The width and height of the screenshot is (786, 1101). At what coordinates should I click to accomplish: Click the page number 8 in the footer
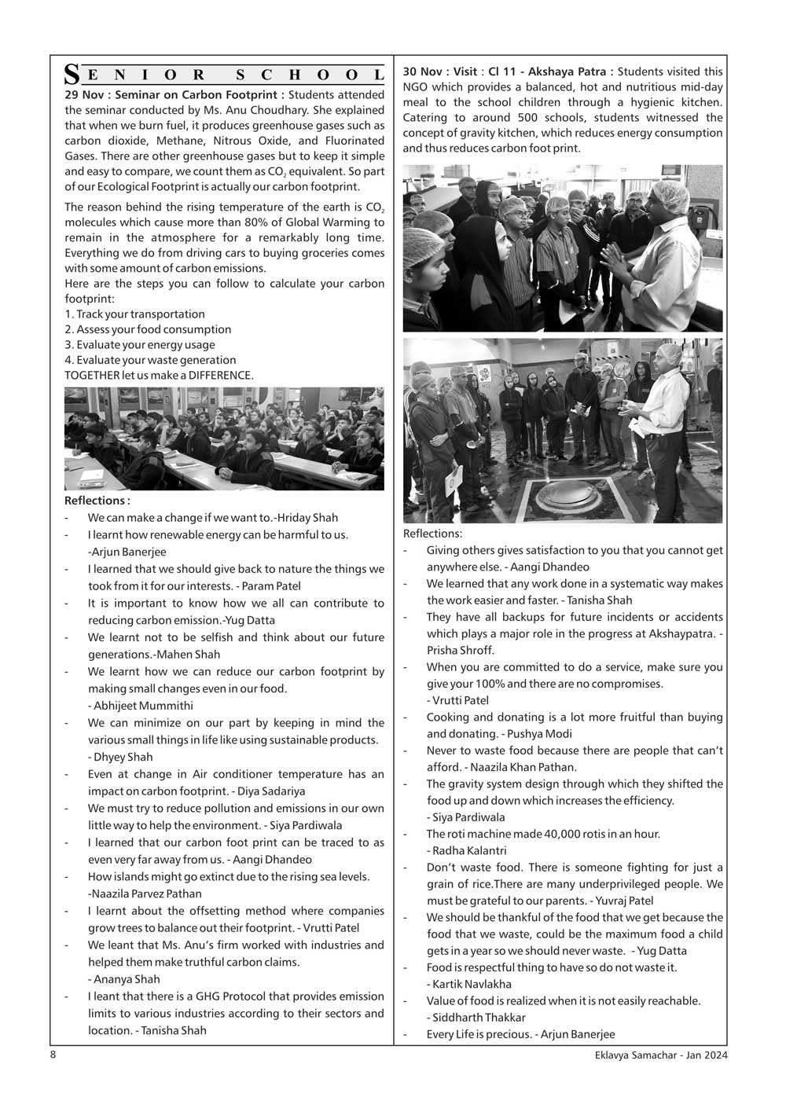coord(53,1055)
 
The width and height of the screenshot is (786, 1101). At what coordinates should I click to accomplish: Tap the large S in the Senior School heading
coord(72,75)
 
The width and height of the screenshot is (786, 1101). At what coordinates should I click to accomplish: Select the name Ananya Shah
coord(127,979)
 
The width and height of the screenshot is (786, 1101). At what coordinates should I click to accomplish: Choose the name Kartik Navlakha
coord(469,984)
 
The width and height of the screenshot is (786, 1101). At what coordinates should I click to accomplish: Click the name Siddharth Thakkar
coord(476,1018)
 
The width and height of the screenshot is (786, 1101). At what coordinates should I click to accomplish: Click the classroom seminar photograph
coord(224,439)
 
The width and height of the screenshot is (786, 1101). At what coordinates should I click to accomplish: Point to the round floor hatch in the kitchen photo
coord(564,496)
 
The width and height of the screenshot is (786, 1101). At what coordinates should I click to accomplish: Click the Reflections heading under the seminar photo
coord(97,501)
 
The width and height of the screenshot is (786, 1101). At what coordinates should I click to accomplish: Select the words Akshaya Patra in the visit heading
coord(567,72)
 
